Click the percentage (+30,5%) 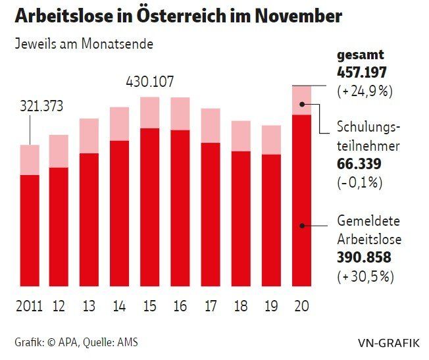[x=365, y=275]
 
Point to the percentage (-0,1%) [x=360, y=182]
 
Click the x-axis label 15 [x=149, y=306]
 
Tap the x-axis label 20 [x=301, y=306]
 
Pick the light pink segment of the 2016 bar [x=180, y=113]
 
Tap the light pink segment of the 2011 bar [x=30, y=160]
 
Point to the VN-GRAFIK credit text [x=388, y=342]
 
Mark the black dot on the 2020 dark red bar [x=301, y=225]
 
